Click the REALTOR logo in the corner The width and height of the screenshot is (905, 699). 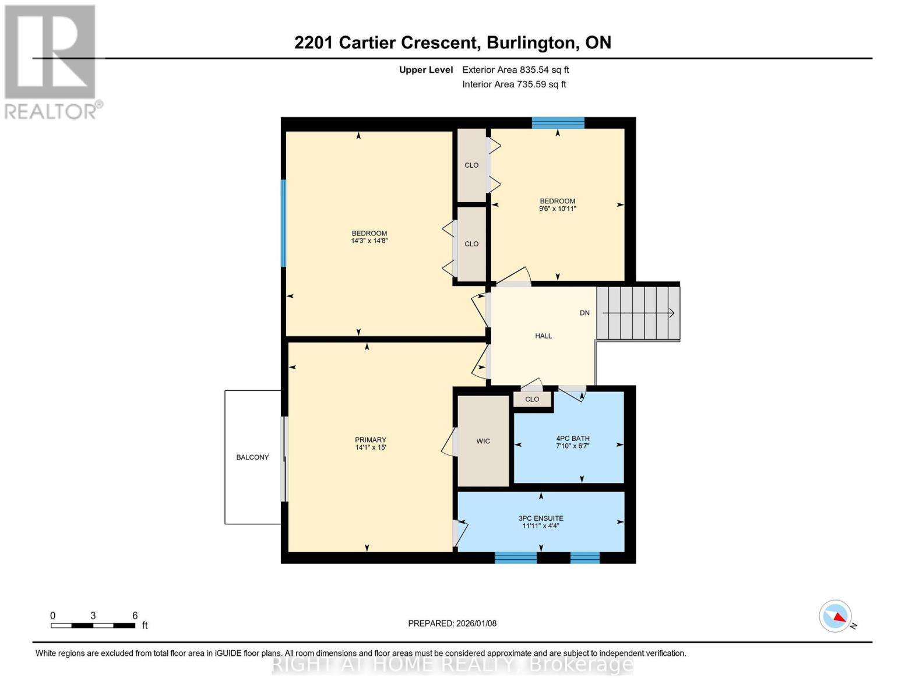[x=51, y=61]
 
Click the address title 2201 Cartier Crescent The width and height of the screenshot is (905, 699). [x=452, y=43]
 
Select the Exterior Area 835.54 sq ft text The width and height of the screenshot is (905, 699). [x=515, y=70]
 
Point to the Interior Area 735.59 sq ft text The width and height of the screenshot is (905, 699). [x=514, y=84]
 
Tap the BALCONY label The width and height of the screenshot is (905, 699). [x=252, y=457]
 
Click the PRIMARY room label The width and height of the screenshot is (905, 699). [x=371, y=440]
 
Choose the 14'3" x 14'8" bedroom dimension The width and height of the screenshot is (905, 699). [x=369, y=241]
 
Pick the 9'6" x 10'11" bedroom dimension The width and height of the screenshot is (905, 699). [x=557, y=209]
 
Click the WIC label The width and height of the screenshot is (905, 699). [x=483, y=441]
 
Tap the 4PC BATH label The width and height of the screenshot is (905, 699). [x=573, y=439]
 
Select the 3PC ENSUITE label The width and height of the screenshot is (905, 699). [x=541, y=518]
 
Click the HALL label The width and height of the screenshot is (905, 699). [x=543, y=336]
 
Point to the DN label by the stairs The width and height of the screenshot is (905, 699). [x=584, y=313]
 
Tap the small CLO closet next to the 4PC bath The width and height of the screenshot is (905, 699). [x=532, y=399]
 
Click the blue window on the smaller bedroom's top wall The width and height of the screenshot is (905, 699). [x=558, y=122]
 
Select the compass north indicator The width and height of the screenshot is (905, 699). [x=836, y=616]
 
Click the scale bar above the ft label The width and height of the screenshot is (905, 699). [x=93, y=626]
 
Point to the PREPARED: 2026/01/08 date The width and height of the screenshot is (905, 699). [x=452, y=623]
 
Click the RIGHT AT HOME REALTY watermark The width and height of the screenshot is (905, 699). [x=452, y=665]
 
